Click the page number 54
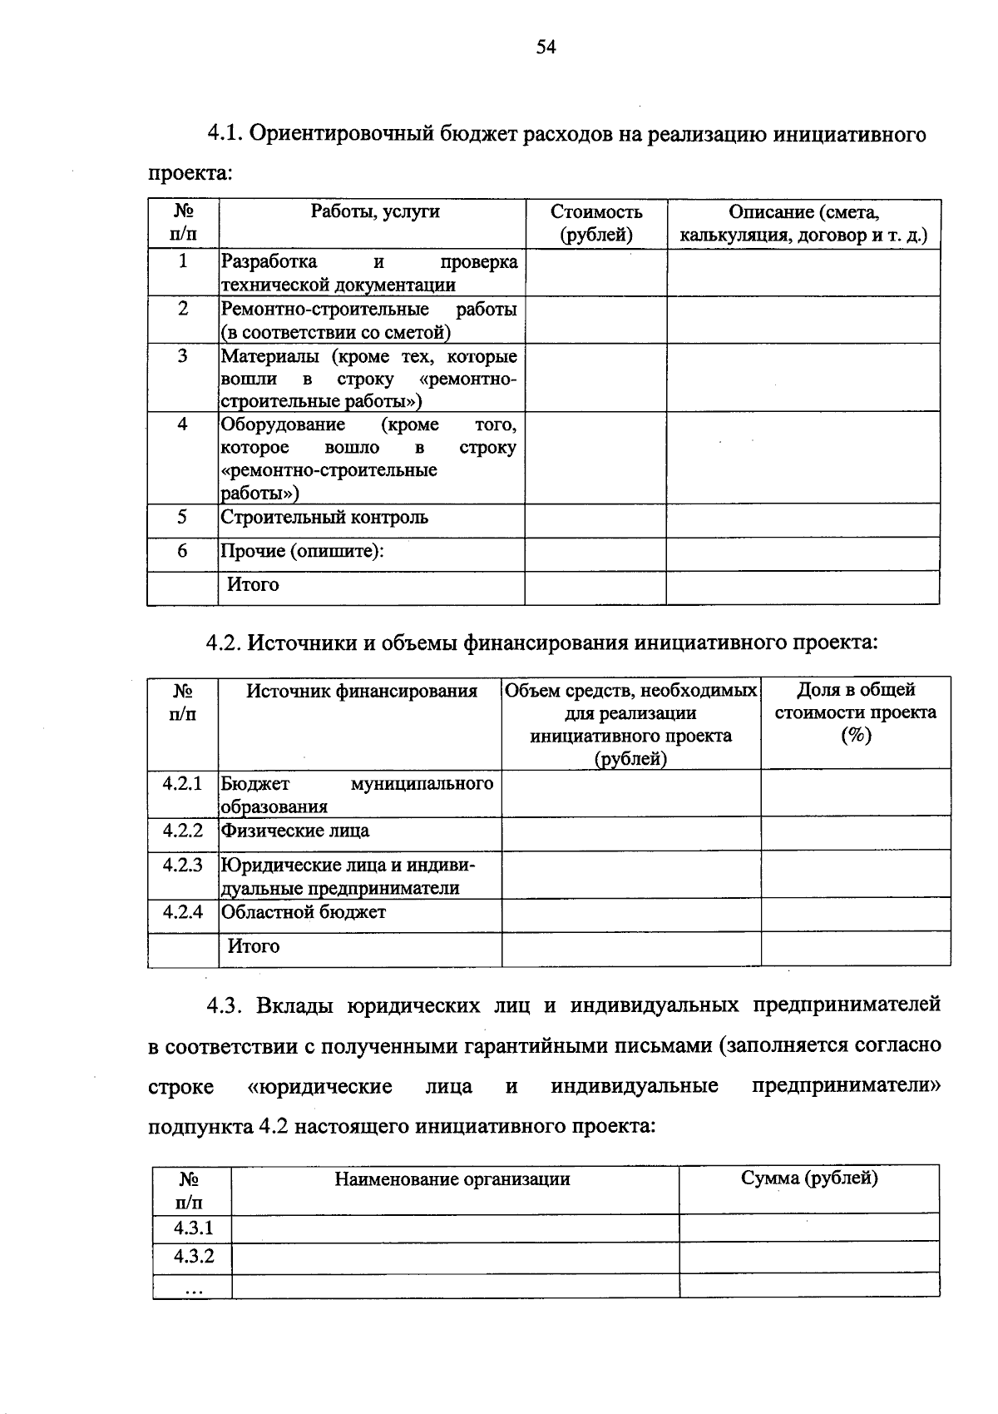(546, 47)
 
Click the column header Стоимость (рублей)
(596, 223)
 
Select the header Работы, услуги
(375, 211)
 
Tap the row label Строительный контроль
(324, 518)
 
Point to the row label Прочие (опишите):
(302, 551)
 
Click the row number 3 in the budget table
(182, 356)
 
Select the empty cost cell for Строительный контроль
(595, 520)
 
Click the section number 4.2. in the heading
(224, 643)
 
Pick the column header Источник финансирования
(362, 691)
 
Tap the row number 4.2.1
(183, 784)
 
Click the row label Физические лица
(295, 831)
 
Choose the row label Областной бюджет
(304, 912)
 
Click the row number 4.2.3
(183, 865)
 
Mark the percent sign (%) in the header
(856, 736)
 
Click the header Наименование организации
(452, 1178)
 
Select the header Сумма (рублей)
(809, 1178)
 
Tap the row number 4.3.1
(194, 1228)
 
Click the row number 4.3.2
(194, 1256)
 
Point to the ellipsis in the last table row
(193, 1288)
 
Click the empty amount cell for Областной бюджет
(630, 915)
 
